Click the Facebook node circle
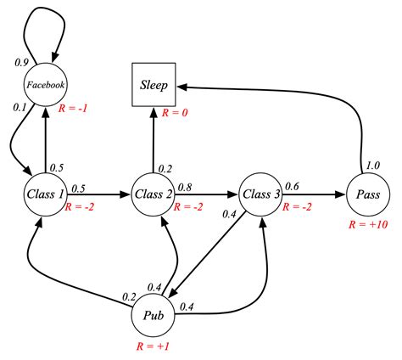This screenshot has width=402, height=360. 45,86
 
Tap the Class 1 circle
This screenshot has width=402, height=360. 45,194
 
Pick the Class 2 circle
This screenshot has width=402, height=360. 154,194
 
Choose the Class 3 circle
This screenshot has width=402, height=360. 261,194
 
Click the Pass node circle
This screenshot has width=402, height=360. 369,194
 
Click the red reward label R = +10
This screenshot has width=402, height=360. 369,226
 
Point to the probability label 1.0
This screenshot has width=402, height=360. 371,165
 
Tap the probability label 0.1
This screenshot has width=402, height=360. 19,107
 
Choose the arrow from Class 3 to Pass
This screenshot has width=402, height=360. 314,194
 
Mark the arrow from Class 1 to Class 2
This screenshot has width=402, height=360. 98,194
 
